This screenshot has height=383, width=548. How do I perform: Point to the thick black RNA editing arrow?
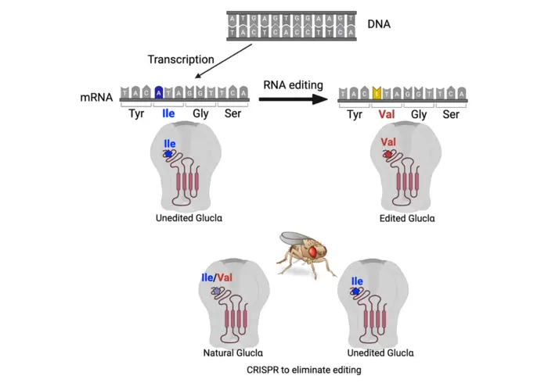click(292, 99)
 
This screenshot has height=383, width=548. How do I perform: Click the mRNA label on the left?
click(98, 98)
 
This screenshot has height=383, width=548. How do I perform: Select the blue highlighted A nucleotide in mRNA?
click(159, 93)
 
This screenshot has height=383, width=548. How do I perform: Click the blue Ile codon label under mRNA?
click(168, 114)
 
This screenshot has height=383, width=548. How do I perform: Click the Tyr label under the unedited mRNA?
click(136, 114)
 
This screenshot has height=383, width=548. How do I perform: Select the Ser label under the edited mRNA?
click(451, 114)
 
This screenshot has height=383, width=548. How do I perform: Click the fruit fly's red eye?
click(315, 252)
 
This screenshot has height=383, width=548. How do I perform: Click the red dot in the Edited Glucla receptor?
click(388, 155)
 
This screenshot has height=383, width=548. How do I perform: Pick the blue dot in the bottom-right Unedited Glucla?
click(356, 292)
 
